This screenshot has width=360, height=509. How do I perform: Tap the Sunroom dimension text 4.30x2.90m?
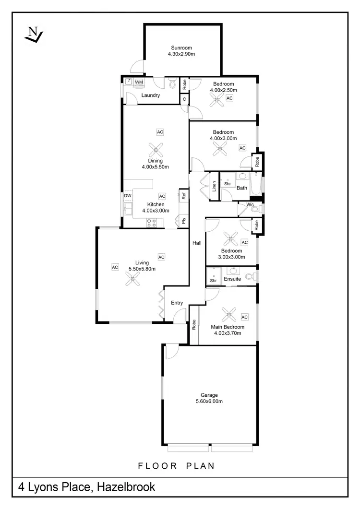[x=182, y=55]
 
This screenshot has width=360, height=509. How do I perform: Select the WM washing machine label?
[x=139, y=83]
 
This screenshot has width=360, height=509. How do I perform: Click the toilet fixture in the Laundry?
[x=172, y=84]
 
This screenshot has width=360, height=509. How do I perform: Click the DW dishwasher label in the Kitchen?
[x=128, y=196]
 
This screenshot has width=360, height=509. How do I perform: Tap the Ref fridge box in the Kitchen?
[x=183, y=196]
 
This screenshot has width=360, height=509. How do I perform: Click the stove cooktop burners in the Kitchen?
[x=152, y=223]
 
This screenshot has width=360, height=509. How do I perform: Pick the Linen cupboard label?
[x=214, y=185]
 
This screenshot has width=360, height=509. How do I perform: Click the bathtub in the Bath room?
[x=257, y=184]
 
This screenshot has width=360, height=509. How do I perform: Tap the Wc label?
[x=250, y=205]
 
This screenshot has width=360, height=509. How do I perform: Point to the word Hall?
[x=196, y=243]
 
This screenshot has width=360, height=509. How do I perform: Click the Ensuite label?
[x=232, y=279]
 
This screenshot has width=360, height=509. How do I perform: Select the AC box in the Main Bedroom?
[x=244, y=317]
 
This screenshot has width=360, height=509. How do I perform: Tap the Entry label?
[x=177, y=303]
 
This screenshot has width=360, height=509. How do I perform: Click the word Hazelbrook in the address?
[x=126, y=487]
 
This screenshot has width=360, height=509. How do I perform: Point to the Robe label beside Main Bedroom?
[x=194, y=325]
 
